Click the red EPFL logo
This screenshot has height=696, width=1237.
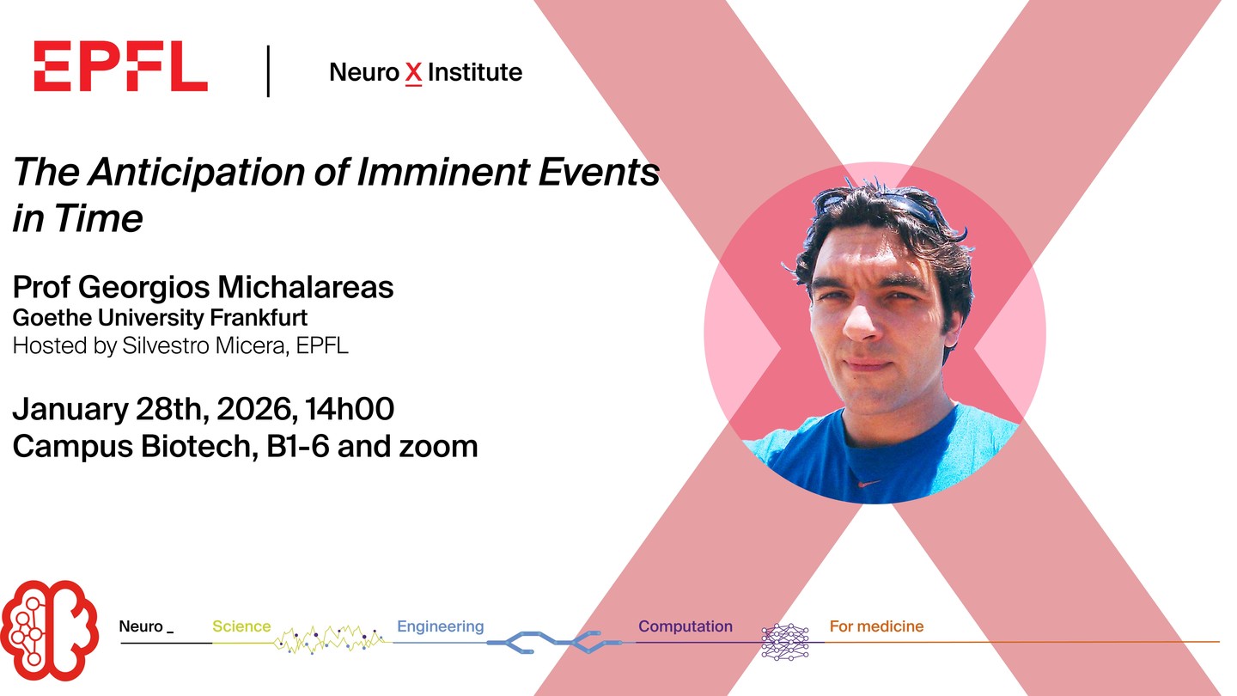tap(120, 66)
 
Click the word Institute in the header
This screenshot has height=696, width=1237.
tap(475, 72)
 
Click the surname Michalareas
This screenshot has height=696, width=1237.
tap(306, 287)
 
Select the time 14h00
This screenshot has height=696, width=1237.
tap(350, 409)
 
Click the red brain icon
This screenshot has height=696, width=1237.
tap(49, 631)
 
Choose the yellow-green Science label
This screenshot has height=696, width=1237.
tap(241, 626)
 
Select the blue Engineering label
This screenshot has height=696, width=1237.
tap(440, 626)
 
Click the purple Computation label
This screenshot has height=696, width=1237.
tap(686, 626)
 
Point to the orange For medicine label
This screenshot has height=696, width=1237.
tap(876, 626)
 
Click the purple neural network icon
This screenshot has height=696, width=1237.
tap(785, 643)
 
